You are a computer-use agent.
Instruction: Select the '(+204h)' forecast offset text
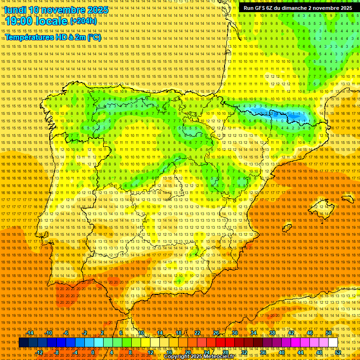[x=83, y=21]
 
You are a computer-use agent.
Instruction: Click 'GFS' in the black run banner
[x=262, y=8]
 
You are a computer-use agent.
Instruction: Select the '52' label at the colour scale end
[x=338, y=352]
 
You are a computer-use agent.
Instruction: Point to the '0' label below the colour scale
[x=93, y=352]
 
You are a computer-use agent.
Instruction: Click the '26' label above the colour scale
[x=216, y=333]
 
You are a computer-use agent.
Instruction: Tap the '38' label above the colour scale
[x=272, y=333]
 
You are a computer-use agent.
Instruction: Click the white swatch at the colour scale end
[x=333, y=343]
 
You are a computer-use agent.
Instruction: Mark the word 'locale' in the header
[x=52, y=21]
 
